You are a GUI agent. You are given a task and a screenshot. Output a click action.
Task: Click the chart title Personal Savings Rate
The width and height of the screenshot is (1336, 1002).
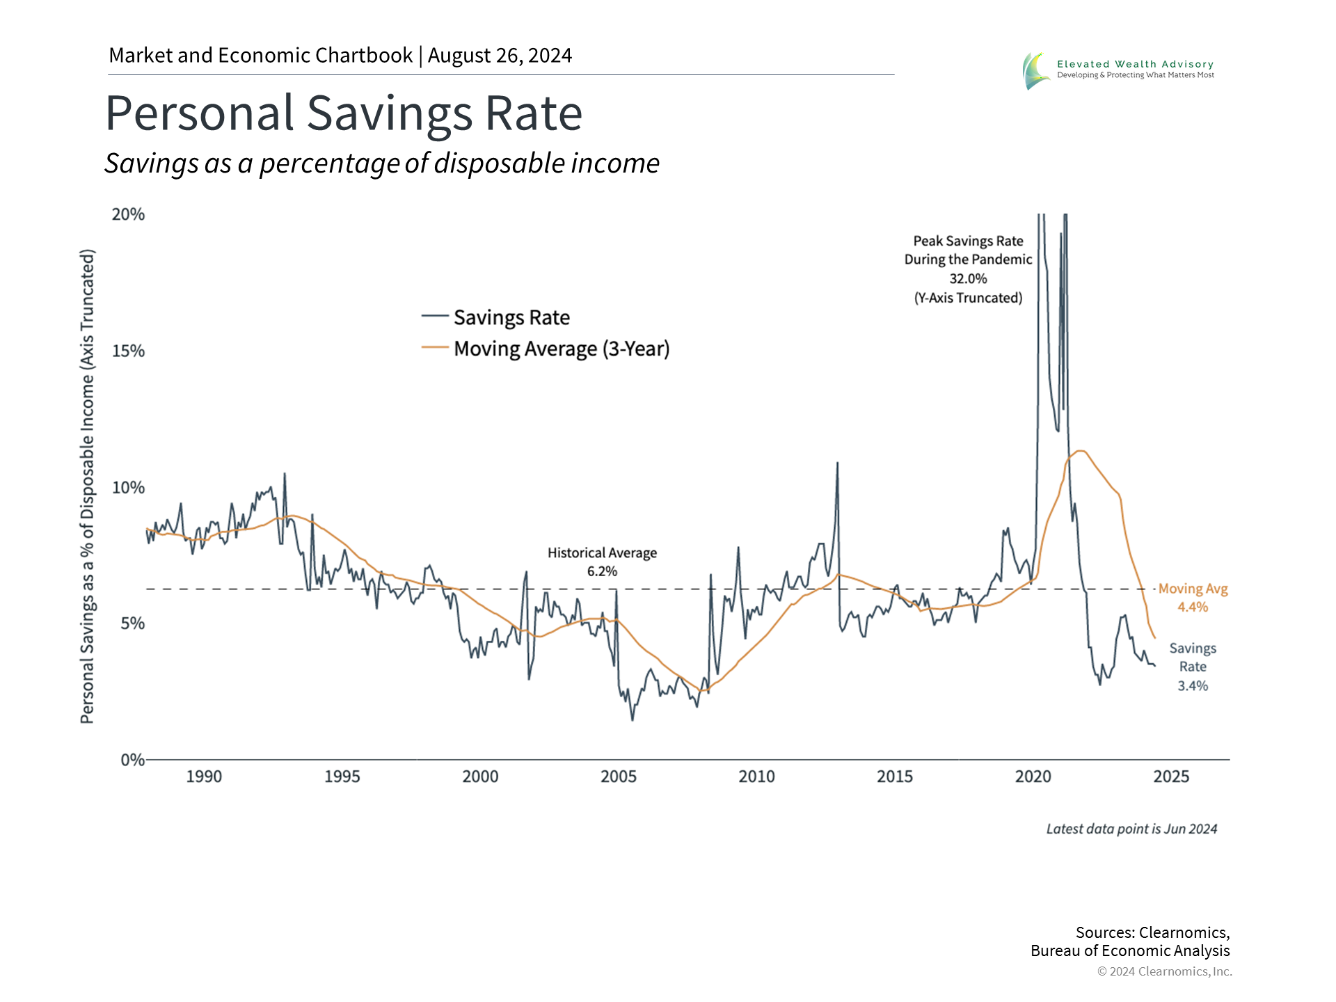[344, 113]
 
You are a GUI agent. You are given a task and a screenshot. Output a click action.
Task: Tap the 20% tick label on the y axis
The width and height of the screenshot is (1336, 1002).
[129, 214]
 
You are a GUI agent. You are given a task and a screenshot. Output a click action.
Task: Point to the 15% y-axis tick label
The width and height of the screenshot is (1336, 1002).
[129, 351]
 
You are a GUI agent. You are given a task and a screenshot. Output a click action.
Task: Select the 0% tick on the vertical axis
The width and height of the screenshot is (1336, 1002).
[132, 760]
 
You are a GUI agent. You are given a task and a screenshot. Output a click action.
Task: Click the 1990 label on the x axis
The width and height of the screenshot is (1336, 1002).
[204, 777]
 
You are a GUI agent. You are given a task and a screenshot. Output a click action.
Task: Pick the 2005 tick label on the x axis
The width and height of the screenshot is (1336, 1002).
[619, 777]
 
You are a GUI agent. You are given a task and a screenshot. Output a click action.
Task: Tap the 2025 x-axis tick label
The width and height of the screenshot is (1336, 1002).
[1171, 777]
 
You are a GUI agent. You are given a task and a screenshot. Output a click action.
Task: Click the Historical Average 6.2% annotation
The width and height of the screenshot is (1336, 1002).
[602, 562]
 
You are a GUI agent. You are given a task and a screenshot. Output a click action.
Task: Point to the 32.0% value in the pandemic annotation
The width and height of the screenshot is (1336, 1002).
[968, 278]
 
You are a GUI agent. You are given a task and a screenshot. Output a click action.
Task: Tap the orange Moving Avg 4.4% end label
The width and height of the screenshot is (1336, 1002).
[1193, 598]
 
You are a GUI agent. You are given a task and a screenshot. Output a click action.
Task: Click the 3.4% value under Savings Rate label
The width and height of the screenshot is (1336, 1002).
[1193, 686]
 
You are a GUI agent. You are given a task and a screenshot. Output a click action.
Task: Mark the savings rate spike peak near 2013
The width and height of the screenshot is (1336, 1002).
[837, 463]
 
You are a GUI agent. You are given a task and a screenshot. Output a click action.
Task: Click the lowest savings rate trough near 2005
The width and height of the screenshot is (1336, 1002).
[633, 719]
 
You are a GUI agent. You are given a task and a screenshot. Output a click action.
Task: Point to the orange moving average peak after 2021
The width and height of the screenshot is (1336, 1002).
[1080, 451]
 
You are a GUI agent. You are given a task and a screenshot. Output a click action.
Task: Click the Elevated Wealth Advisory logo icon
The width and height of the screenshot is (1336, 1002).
[1036, 70]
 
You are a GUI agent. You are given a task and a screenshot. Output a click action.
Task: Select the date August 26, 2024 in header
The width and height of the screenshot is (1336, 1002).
[500, 56]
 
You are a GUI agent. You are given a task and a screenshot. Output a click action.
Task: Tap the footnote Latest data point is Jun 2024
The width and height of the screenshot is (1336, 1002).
[1131, 829]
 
